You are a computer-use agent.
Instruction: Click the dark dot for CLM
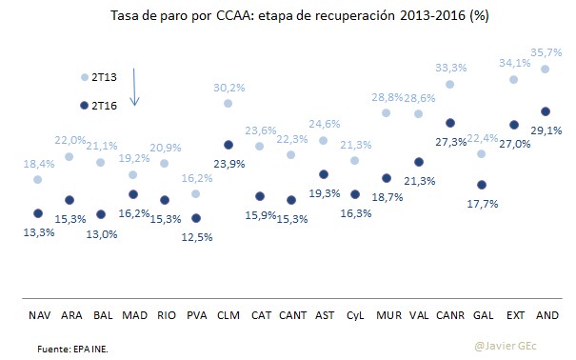[x=228, y=145]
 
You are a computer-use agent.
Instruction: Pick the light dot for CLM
[x=228, y=103]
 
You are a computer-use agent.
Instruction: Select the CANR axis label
[x=449, y=313]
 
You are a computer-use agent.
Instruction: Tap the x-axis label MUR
[x=387, y=313]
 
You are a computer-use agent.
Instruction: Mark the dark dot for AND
[x=545, y=111]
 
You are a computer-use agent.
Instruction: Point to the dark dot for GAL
[x=482, y=185]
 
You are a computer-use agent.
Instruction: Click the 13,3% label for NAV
[x=37, y=231]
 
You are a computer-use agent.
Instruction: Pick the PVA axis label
[x=196, y=313]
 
